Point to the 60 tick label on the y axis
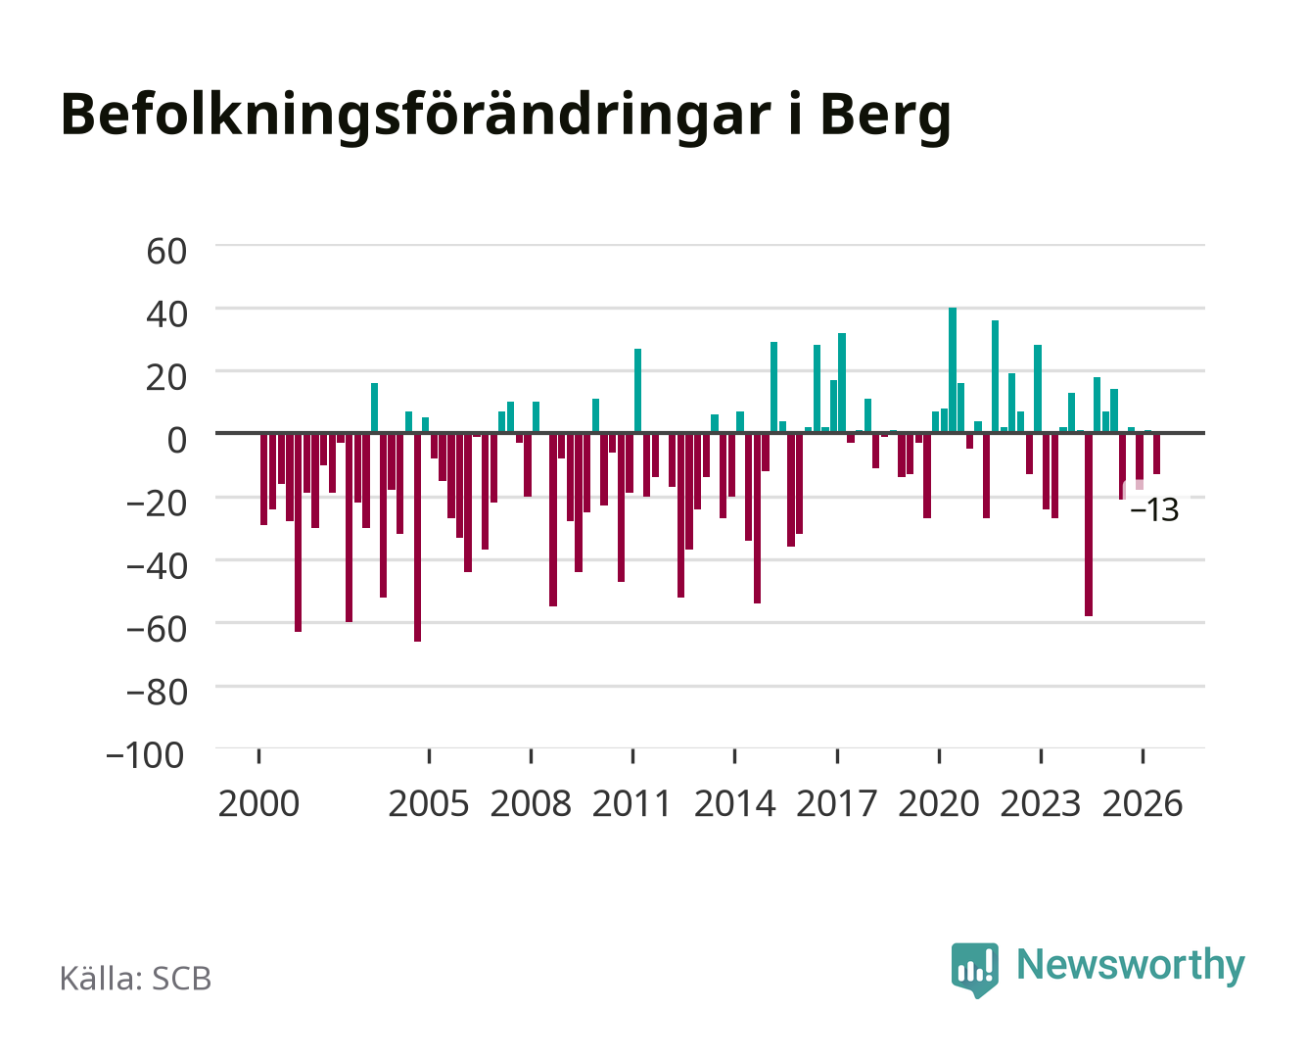pyautogui.click(x=166, y=252)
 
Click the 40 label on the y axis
pyautogui.click(x=166, y=314)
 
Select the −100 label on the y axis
pyautogui.click(x=145, y=755)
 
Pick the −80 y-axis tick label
pyautogui.click(x=157, y=693)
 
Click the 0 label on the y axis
pyautogui.click(x=177, y=440)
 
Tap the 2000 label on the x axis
pyautogui.click(x=258, y=803)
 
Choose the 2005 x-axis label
pyautogui.click(x=429, y=803)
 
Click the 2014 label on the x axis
pyautogui.click(x=734, y=803)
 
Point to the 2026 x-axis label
pyautogui.click(x=1143, y=803)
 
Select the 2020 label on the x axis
pyautogui.click(x=938, y=803)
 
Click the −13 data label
pyautogui.click(x=1154, y=510)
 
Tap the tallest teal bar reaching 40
pyautogui.click(x=953, y=370)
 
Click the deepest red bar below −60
pyautogui.click(x=418, y=538)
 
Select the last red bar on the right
pyautogui.click(x=1156, y=454)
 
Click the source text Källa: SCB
pyautogui.click(x=136, y=978)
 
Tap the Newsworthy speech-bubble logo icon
pyautogui.click(x=975, y=970)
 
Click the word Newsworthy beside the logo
pyautogui.click(x=1131, y=966)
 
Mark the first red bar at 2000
pyautogui.click(x=264, y=479)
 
